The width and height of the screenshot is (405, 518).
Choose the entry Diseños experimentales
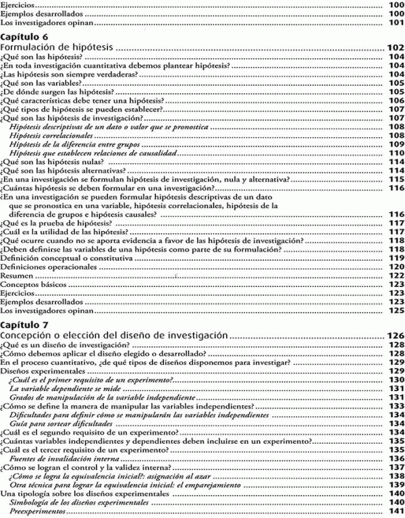click(x=37, y=371)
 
